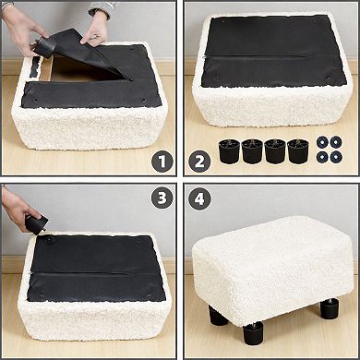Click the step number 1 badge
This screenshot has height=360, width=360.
[162, 162]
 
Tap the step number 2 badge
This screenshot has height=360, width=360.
[199, 162]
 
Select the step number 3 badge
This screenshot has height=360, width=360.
[162, 199]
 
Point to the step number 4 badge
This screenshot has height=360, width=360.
[199, 199]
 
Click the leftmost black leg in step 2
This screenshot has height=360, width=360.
[228, 151]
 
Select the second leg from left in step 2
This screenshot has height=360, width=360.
[252, 151]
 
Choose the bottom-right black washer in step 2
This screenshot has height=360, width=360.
[335, 157]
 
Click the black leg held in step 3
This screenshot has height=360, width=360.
[35, 222]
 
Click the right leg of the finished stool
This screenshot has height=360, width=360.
[329, 307]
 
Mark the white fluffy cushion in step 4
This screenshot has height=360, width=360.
[272, 263]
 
